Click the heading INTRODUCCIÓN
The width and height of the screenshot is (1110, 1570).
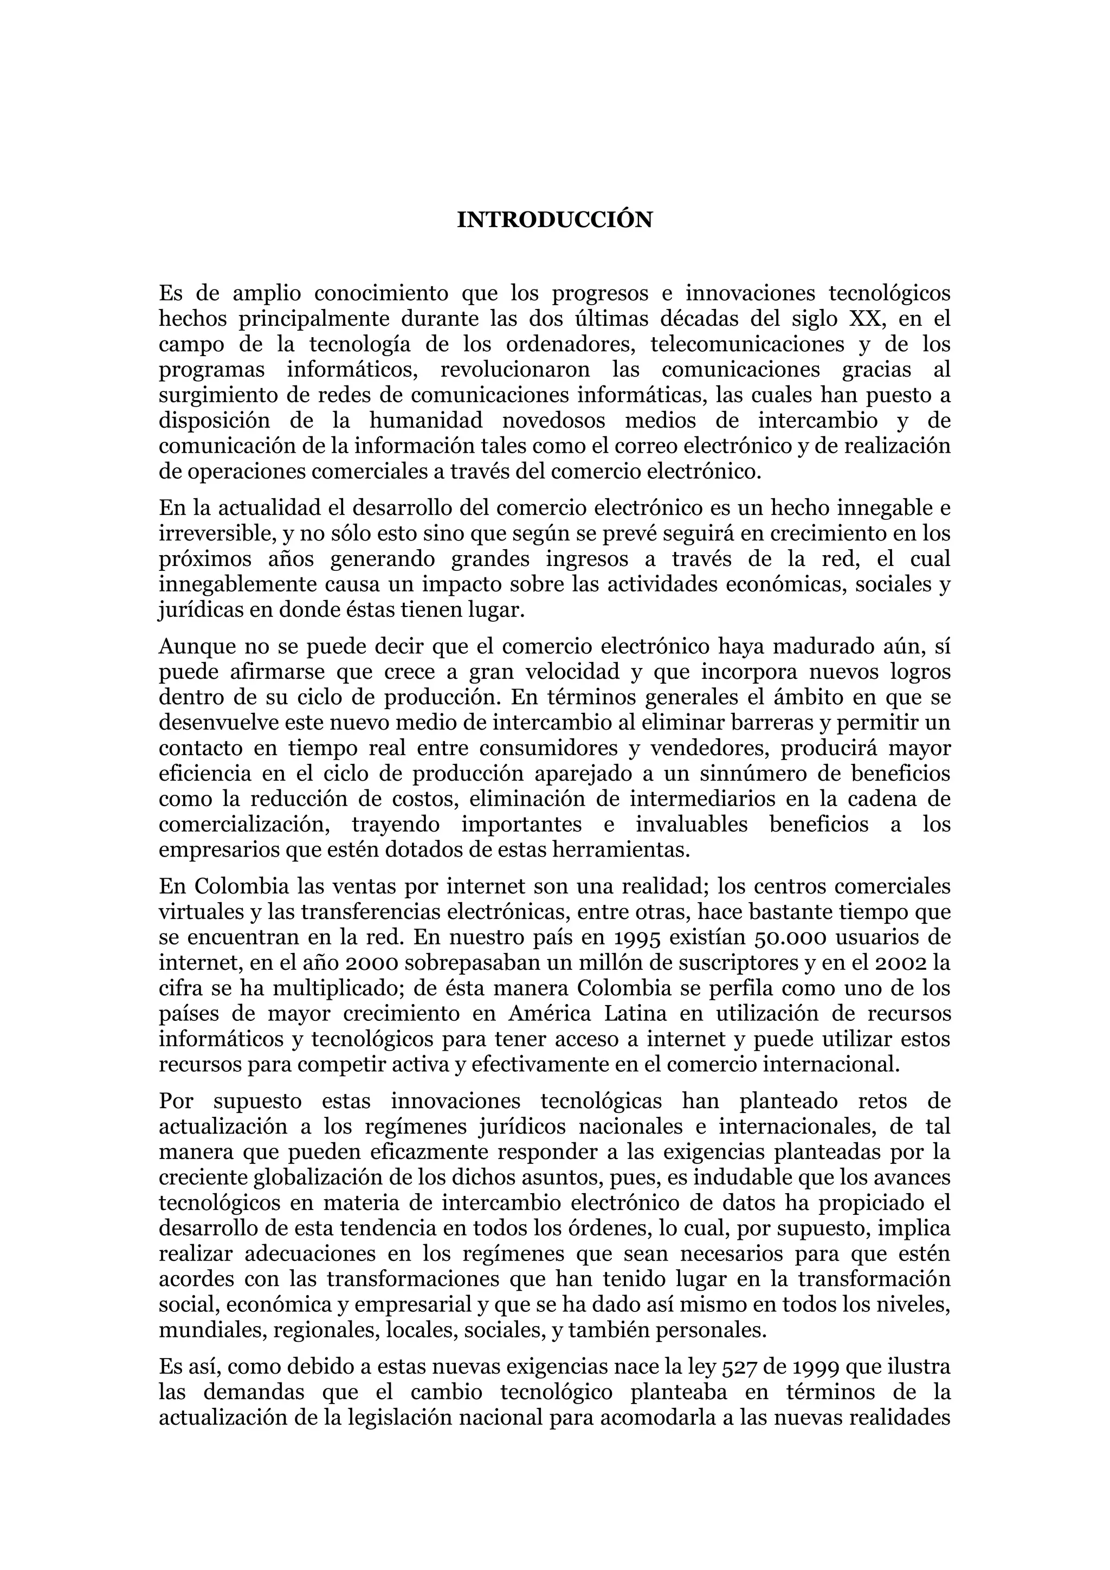[554, 220]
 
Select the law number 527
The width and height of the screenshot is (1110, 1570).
[741, 1367]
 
